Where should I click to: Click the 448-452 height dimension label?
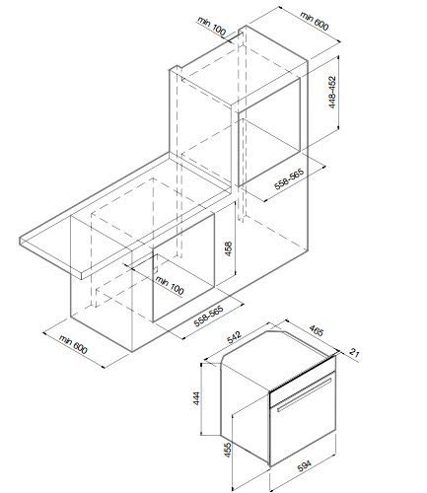[332, 93]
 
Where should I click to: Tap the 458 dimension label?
[228, 248]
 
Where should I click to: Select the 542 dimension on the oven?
[235, 337]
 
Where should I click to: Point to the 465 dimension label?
[317, 330]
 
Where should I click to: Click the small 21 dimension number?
[354, 353]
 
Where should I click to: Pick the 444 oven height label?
[196, 398]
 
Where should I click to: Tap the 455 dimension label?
[228, 450]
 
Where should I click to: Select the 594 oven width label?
[304, 465]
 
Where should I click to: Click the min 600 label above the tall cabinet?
[315, 21]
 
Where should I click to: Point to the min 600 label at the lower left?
[73, 344]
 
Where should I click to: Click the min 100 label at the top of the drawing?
[212, 26]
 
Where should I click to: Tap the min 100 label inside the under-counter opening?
[170, 286]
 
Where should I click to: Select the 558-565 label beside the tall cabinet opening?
[289, 178]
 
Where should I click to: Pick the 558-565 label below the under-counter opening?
[209, 317]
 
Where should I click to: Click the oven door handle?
[305, 394]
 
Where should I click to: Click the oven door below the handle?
[303, 427]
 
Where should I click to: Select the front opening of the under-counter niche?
[183, 266]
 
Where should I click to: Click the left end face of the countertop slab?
[51, 258]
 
